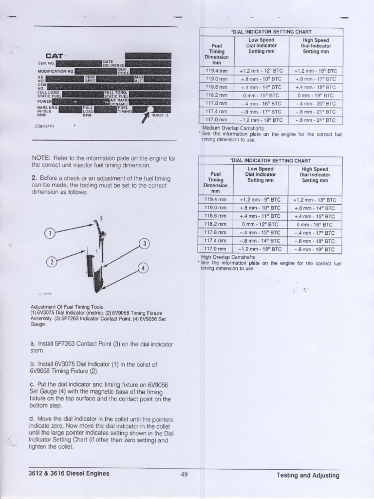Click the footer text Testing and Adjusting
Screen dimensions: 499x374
pos(308,475)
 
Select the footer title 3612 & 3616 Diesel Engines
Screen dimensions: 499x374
pos(69,473)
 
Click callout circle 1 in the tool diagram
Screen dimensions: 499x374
pos(49,233)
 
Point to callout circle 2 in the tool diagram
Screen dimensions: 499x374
pos(51,262)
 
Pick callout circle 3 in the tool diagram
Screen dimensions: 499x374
pos(144,244)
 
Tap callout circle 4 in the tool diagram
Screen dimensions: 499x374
pos(143,269)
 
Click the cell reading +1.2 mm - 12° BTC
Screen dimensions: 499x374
pos(261,71)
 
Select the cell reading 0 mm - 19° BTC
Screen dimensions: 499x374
pos(316,96)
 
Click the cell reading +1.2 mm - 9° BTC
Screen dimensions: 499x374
pos(261,200)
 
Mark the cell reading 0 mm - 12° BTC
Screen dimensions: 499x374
pos(261,225)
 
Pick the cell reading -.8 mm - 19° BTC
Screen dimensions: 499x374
pos(316,249)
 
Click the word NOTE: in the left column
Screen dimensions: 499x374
pos(41,158)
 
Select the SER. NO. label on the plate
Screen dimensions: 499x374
pos(46,63)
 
